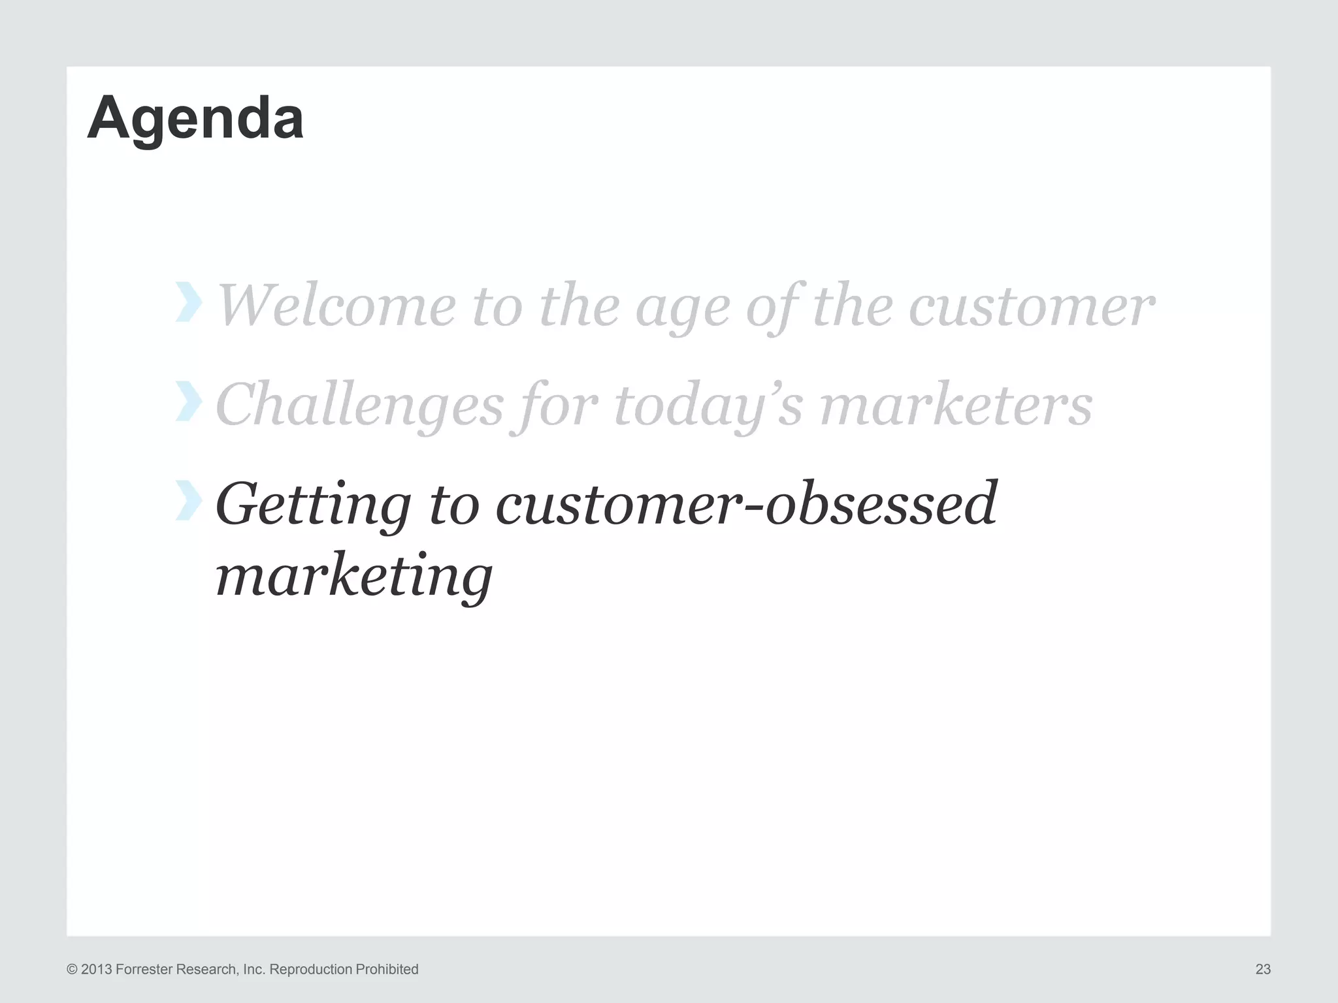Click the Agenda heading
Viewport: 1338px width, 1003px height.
pos(195,118)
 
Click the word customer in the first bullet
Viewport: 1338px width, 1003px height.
pos(1031,306)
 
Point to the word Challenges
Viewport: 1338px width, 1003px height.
pos(359,406)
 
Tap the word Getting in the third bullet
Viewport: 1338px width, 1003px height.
pos(313,505)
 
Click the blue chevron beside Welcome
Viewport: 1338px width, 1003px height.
pos(188,302)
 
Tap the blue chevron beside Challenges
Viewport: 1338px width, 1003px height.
pos(188,401)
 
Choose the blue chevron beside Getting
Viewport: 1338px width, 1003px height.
pos(188,500)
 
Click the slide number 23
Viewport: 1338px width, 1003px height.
pos(1262,969)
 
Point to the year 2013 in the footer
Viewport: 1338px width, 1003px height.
pos(97,969)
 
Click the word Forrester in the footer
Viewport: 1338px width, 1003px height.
pos(142,969)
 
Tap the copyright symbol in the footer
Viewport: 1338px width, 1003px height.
pos(72,969)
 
